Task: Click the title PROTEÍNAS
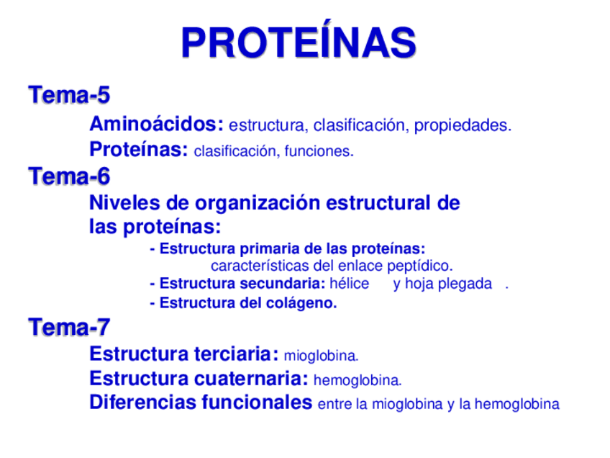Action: (299, 42)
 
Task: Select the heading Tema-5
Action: (69, 94)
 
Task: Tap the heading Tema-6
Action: (69, 176)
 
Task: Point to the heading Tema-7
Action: (69, 328)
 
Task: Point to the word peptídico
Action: (423, 266)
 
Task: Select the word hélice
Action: (349, 284)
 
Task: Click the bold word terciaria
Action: (237, 354)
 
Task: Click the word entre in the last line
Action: (334, 405)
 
